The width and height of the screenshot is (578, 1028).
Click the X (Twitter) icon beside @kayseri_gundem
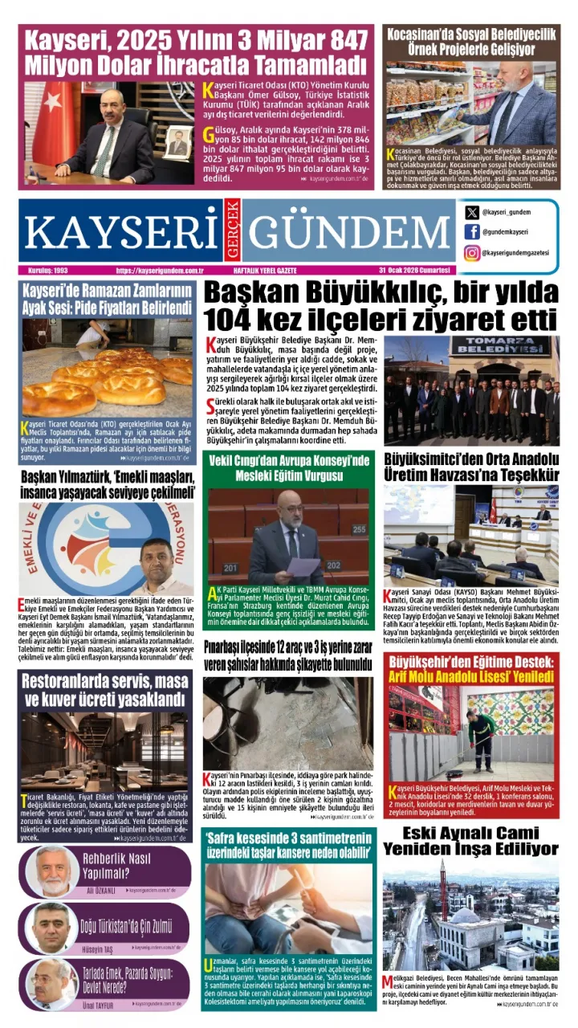[x=472, y=213]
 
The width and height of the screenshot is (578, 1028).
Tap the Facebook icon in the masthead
[x=472, y=232]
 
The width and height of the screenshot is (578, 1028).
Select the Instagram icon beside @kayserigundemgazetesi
[x=472, y=252]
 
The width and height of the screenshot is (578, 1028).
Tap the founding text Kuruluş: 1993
[x=47, y=271]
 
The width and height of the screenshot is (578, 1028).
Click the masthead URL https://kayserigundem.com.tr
[x=159, y=271]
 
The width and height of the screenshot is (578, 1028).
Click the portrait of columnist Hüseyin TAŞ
[x=54, y=928]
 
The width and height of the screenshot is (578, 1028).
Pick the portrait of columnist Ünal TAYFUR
[x=54, y=983]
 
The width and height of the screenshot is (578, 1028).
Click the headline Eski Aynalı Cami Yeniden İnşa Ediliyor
[x=470, y=839]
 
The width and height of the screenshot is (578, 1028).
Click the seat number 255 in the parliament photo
[x=358, y=529]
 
